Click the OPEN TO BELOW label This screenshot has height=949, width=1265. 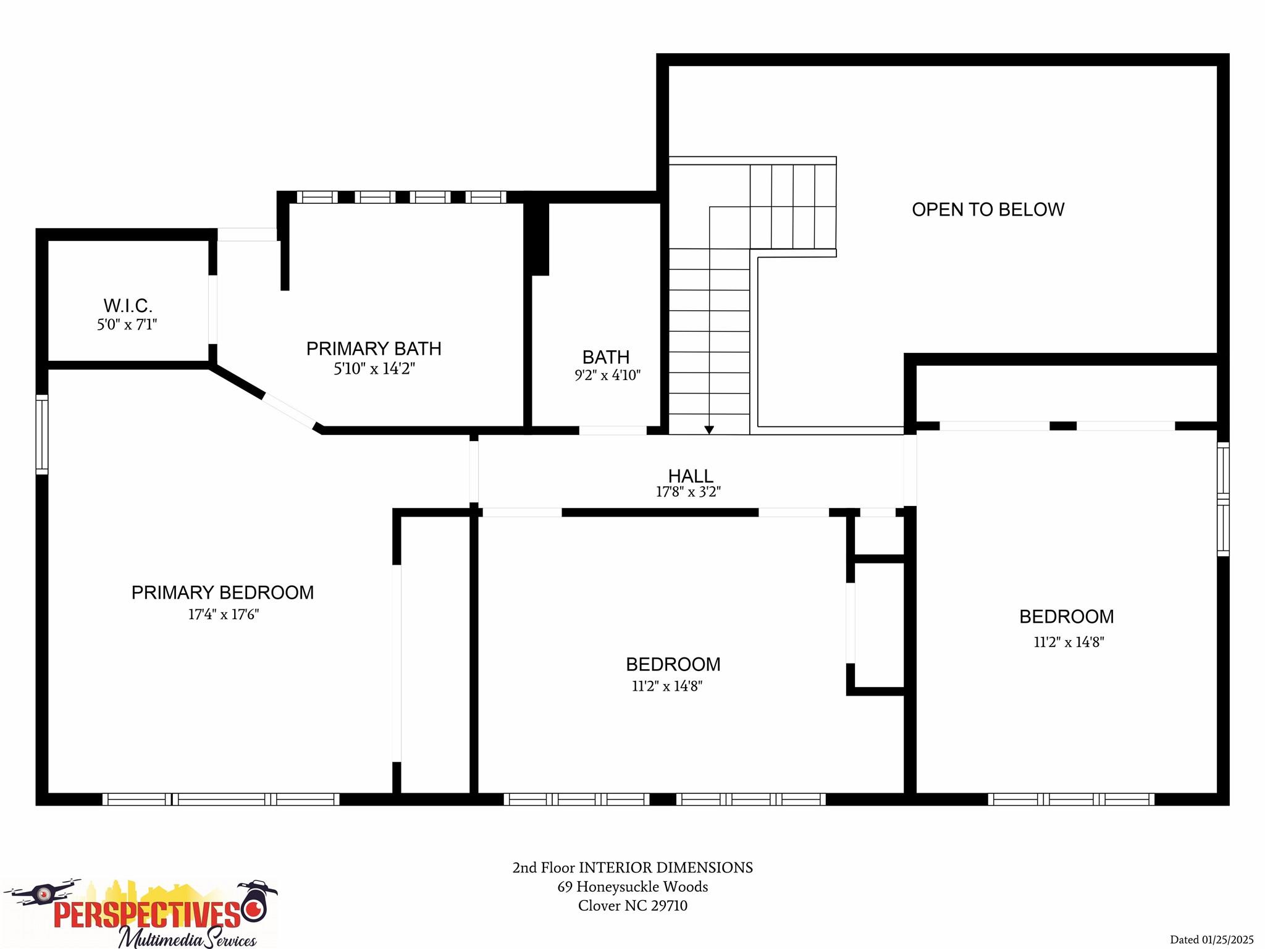pos(988,209)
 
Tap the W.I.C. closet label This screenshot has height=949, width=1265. pos(128,305)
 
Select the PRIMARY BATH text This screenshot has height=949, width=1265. pos(374,348)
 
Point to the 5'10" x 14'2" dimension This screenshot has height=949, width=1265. pos(374,369)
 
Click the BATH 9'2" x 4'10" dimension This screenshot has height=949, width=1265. pos(607,375)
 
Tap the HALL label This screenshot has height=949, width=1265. pos(691,476)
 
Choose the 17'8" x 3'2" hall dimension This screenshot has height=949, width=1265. pos(688,492)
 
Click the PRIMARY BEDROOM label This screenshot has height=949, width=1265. pos(222,593)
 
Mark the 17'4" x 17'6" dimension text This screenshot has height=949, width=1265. pos(223,614)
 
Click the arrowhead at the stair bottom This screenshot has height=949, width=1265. pos(709,429)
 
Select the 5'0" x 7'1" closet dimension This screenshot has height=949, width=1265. pos(127,324)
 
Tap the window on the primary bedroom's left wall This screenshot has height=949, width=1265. pos(42,434)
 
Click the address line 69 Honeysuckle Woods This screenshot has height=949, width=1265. pos(632,887)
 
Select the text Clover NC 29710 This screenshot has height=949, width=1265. pos(632,906)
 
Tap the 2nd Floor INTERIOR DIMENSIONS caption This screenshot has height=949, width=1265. pos(632,867)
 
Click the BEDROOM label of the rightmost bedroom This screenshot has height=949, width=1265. pos(1066,617)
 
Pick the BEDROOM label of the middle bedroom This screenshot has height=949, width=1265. pos(673,664)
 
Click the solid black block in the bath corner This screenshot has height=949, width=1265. pos(539,238)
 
